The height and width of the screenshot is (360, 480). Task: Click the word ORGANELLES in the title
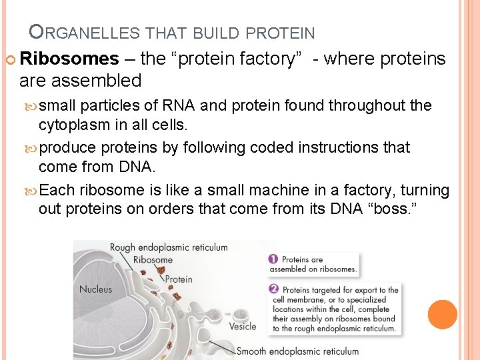pyautogui.click(x=83, y=32)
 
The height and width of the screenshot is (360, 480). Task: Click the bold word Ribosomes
pyautogui.click(x=69, y=59)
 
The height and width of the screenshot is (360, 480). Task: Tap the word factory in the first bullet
pyautogui.click(x=271, y=59)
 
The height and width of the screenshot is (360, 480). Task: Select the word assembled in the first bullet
pyautogui.click(x=99, y=81)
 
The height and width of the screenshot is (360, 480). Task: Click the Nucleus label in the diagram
pyautogui.click(x=95, y=289)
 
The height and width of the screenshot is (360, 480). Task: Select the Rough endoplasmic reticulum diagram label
pyautogui.click(x=169, y=247)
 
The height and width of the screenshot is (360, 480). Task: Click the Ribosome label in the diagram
pyautogui.click(x=153, y=260)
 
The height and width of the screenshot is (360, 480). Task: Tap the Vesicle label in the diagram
pyautogui.click(x=242, y=326)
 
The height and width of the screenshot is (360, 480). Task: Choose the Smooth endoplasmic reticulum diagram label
pyautogui.click(x=297, y=351)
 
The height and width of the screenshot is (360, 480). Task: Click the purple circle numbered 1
pyautogui.click(x=273, y=259)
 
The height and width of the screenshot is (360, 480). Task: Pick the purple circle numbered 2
pyautogui.click(x=273, y=289)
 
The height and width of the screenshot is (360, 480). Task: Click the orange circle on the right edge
pyautogui.click(x=443, y=315)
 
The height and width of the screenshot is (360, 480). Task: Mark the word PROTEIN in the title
pyautogui.click(x=280, y=32)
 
